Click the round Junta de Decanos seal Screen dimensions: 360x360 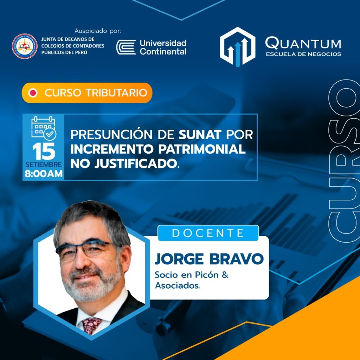click(25, 46)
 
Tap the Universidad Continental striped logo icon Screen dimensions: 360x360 click(126, 47)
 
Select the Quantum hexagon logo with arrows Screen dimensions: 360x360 click(238, 47)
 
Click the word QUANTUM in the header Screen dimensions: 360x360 click(303, 43)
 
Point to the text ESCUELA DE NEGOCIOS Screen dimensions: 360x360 click(303, 54)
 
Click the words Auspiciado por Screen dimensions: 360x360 click(98, 31)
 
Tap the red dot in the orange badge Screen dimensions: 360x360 click(33, 93)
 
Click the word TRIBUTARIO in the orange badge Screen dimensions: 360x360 click(117, 93)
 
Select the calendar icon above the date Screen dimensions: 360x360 click(44, 128)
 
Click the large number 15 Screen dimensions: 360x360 click(44, 151)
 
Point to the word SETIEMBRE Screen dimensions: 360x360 click(44, 165)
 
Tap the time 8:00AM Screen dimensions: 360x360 click(44, 174)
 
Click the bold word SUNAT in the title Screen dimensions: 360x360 click(200, 135)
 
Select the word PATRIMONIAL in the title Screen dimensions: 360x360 click(202, 149)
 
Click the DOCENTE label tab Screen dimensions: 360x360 click(208, 233)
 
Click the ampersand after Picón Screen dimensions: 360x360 click(225, 275)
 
